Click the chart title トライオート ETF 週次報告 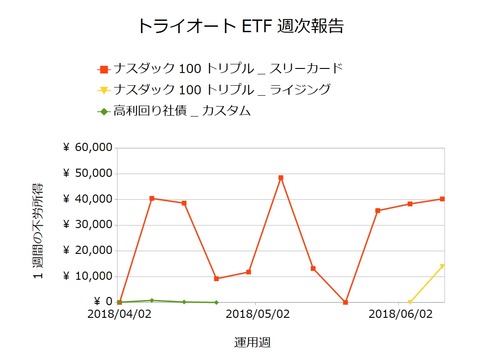(240, 23)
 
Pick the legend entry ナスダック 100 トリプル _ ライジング (221, 90)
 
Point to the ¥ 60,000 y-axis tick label (85, 148)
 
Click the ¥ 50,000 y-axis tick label (85, 174)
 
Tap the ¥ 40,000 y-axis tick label (85, 199)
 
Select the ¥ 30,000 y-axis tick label (85, 225)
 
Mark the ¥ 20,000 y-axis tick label (85, 251)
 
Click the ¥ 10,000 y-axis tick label (85, 276)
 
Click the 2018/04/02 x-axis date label (119, 314)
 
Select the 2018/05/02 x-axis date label (256, 314)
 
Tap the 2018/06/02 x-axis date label (400, 314)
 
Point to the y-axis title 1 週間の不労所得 (37, 224)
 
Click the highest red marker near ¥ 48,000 (281, 178)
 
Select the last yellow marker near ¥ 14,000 (442, 266)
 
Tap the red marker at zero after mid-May (345, 302)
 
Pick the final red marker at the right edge (442, 199)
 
